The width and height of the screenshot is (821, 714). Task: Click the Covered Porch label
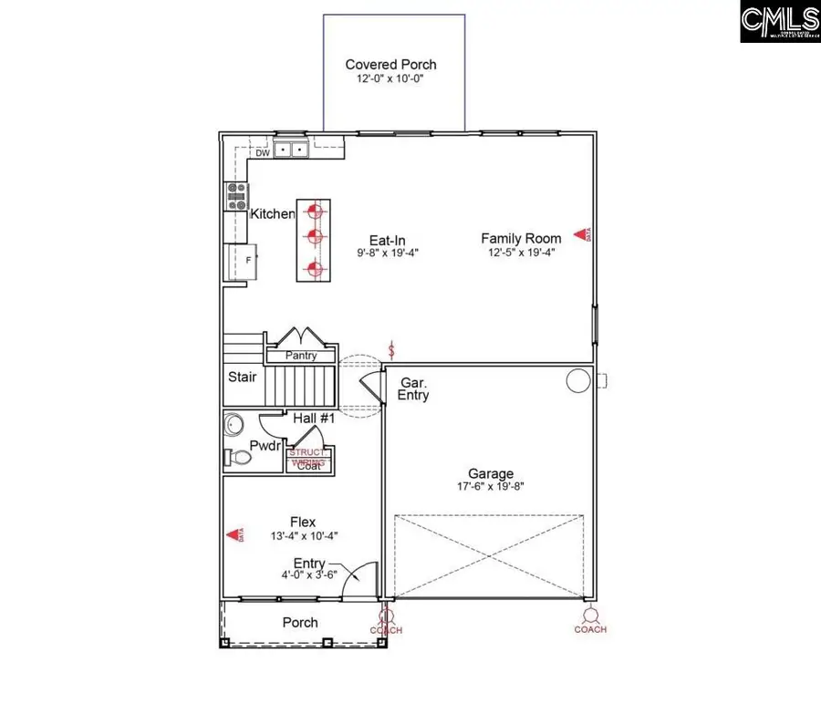click(390, 65)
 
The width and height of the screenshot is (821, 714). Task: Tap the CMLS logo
click(779, 21)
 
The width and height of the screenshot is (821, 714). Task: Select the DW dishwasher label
click(263, 153)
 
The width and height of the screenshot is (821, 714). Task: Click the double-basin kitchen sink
click(290, 149)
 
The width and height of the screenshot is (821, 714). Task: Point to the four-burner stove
click(237, 195)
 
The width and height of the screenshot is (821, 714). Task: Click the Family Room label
click(521, 238)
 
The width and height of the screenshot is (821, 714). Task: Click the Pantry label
click(300, 356)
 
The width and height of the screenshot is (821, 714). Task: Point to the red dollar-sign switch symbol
click(392, 349)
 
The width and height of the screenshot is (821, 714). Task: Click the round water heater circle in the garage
click(577, 380)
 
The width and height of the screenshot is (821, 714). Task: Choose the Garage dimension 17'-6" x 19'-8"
click(490, 486)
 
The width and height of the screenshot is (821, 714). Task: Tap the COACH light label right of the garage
click(590, 629)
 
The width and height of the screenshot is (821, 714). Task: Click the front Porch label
click(300, 622)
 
